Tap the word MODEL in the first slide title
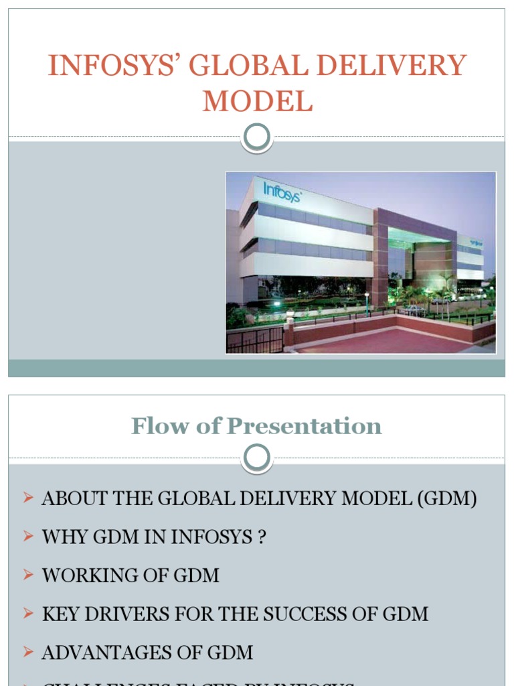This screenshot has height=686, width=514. click(x=257, y=102)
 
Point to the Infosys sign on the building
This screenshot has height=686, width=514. click(x=282, y=192)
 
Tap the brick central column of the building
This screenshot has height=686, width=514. click(x=380, y=258)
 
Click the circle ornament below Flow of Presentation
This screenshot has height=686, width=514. click(x=257, y=458)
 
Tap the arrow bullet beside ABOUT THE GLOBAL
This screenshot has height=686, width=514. click(x=27, y=498)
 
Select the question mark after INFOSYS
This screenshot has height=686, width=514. click(x=261, y=537)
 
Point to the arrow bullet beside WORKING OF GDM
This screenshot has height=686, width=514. click(x=27, y=574)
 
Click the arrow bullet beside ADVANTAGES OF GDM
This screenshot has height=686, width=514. click(x=27, y=651)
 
